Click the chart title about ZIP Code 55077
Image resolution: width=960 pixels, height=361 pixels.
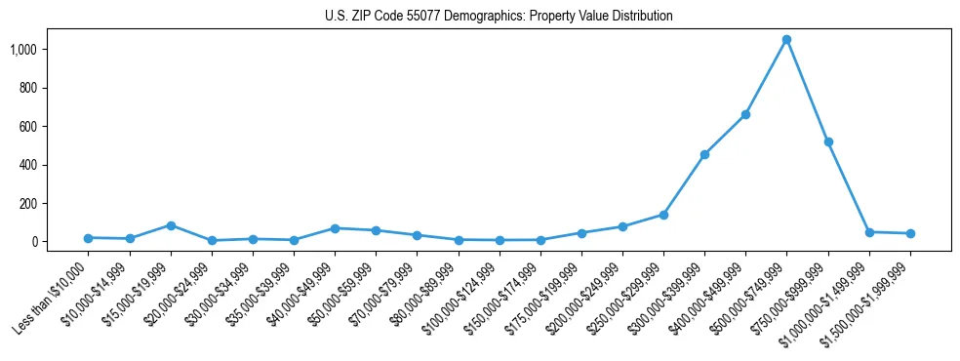click(499, 16)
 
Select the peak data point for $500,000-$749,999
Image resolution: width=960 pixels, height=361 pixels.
click(786, 40)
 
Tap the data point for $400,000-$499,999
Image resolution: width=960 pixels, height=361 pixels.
click(745, 114)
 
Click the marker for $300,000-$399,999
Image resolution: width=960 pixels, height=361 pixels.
click(704, 154)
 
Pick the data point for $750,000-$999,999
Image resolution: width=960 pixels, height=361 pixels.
click(828, 141)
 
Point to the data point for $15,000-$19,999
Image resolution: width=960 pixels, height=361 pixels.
click(171, 225)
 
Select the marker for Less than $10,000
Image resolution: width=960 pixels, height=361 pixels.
click(88, 238)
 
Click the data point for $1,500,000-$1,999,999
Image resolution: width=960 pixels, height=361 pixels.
click(910, 233)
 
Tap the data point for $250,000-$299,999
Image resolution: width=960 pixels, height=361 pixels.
click(663, 215)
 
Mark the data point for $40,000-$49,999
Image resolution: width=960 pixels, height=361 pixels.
click(335, 228)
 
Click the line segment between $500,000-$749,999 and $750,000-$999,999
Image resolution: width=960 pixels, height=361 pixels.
click(808, 91)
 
